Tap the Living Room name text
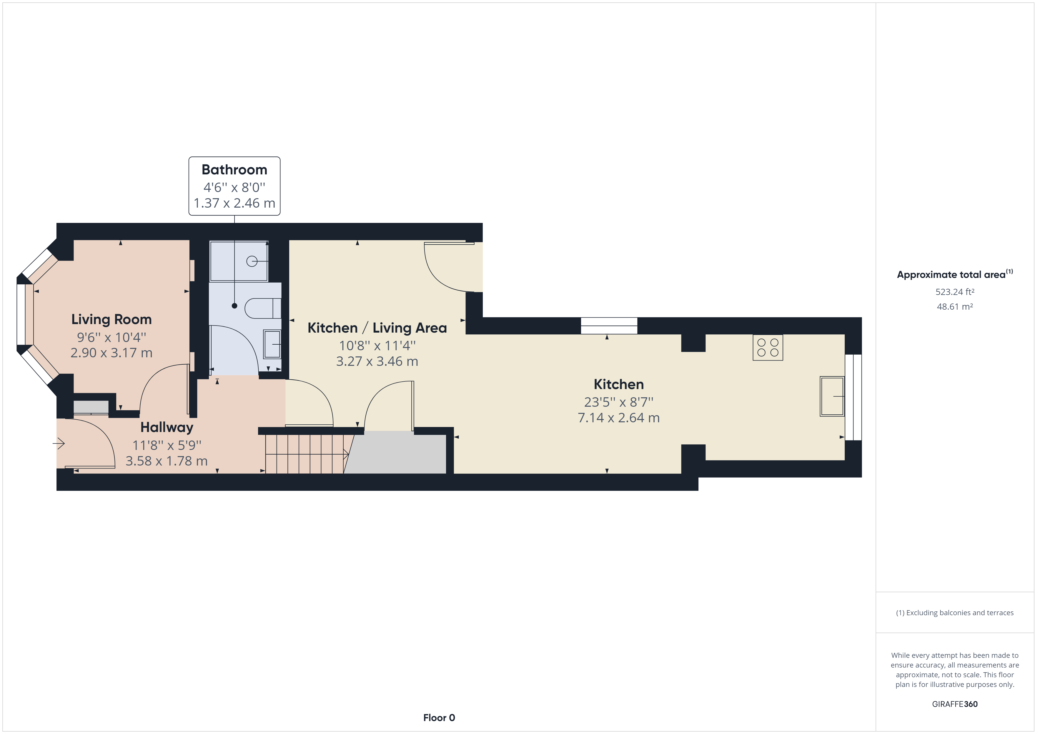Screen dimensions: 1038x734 pos(111,320)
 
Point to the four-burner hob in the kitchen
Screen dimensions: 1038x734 pos(768,348)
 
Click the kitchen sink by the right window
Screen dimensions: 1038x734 pos(832,396)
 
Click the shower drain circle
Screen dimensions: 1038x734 pos(252,261)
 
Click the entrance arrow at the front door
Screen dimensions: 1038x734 pos(59,444)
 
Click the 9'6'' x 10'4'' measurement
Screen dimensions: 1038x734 pos(111,337)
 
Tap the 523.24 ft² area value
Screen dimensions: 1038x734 pos(955,292)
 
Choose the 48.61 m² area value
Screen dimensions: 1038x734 pos(955,306)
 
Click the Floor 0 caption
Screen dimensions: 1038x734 pos(439,718)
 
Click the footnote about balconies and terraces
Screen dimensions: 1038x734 pos(955,613)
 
